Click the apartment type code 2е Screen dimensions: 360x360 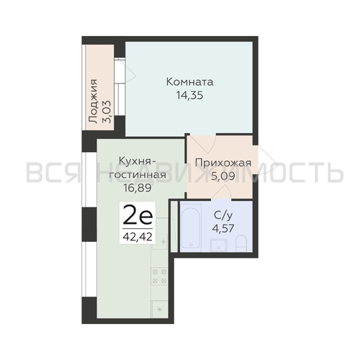[135, 214]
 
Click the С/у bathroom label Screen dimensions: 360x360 [222, 213]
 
